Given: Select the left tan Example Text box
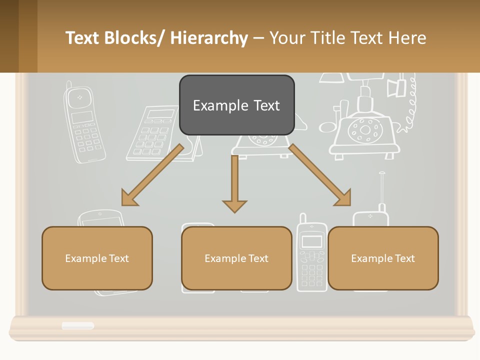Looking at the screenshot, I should (97, 258).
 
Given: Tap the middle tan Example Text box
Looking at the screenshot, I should (236, 258).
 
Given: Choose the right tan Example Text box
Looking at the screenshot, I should (383, 258).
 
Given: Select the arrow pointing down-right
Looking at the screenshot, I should (320, 175).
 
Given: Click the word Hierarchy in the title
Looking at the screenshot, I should (209, 38).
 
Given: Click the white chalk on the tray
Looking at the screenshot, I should (77, 325).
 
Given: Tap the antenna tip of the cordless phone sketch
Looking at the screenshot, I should (381, 174).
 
